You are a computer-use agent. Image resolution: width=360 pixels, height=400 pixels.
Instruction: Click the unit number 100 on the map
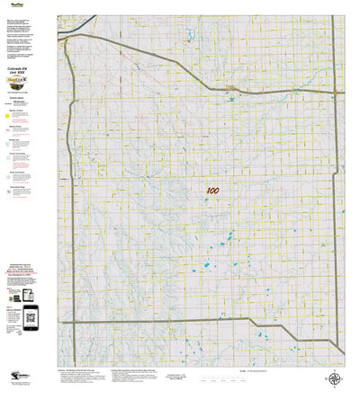pos(212,191)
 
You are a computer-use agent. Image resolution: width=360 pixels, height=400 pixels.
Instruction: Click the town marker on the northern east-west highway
pos(230,88)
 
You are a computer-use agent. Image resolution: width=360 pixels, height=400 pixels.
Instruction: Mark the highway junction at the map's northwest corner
pos(66,38)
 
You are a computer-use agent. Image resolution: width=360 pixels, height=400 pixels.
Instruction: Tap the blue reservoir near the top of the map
pos(191,36)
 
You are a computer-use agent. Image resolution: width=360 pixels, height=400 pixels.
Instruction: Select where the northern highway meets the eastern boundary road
pos(337,91)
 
